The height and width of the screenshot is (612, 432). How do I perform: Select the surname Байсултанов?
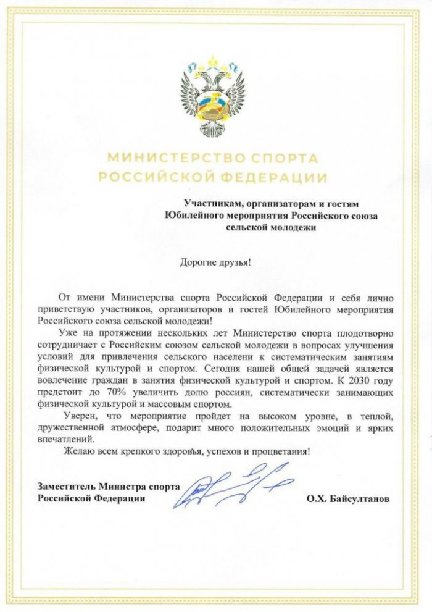(359, 498)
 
